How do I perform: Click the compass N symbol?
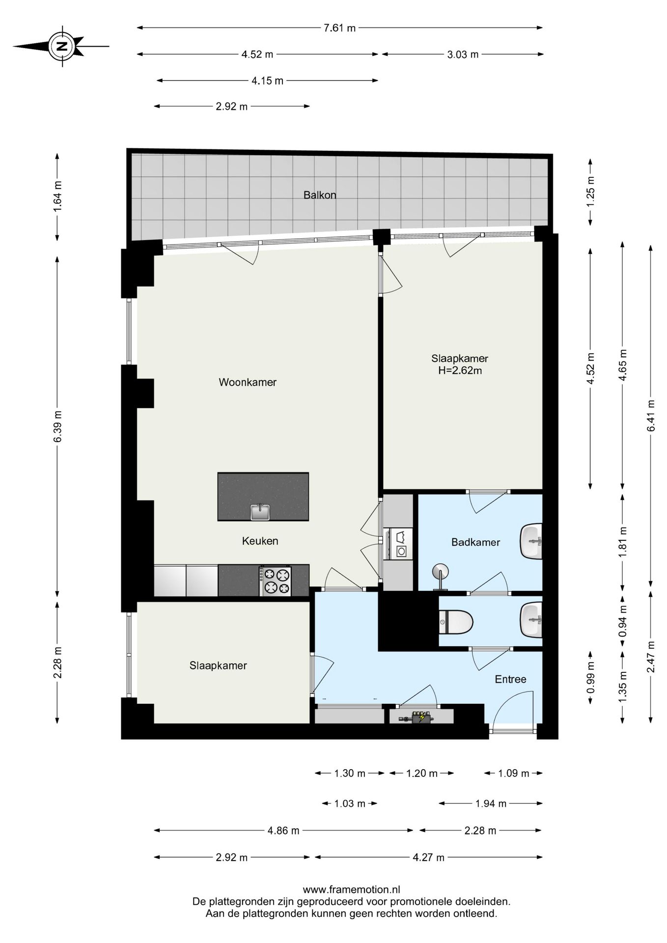point(62,47)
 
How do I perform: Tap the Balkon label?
point(320,195)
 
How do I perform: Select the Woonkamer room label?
point(248,382)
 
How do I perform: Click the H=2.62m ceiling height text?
point(460,371)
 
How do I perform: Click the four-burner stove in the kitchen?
point(275,581)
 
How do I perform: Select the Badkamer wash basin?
point(531,541)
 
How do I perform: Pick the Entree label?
point(510,679)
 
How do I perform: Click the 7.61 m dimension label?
point(339,28)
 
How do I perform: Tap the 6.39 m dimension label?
point(57,426)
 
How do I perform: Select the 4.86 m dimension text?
point(283,831)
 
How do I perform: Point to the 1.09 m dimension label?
point(513,774)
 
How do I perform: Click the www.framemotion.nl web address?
point(352,889)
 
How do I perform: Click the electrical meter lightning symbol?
point(421,718)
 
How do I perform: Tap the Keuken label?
point(260,541)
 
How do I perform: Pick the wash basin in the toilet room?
point(531,620)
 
